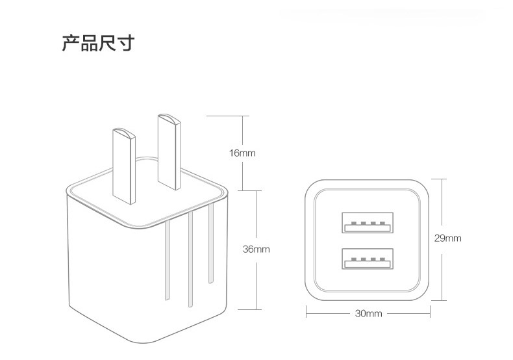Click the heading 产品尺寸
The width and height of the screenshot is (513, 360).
98,44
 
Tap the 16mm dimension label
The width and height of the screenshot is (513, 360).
242,153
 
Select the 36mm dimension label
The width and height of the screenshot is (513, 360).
256,249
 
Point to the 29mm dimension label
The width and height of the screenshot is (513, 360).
447,238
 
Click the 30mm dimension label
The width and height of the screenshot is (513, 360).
369,314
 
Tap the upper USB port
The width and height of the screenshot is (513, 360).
368,222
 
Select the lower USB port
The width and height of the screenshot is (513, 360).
368,259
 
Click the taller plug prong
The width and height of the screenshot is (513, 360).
168,153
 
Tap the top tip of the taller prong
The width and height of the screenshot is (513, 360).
167,118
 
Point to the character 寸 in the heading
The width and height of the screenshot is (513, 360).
127,44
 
